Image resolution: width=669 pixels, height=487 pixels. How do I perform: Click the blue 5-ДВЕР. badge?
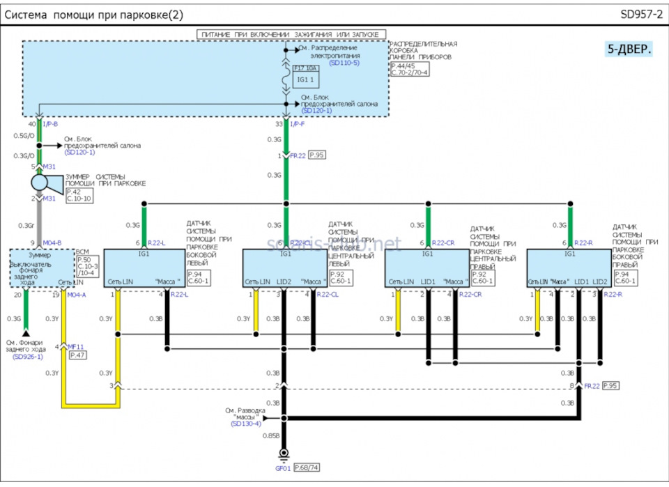(629, 49)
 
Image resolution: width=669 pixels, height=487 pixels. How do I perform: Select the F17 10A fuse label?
(305, 68)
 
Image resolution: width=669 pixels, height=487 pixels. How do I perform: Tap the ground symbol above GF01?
(284, 454)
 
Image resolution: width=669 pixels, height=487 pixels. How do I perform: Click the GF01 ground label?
(284, 467)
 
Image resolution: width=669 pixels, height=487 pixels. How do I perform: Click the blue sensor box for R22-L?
(144, 268)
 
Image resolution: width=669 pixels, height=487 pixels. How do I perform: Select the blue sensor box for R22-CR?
(427, 268)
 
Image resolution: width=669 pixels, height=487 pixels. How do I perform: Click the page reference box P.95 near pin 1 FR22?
(317, 155)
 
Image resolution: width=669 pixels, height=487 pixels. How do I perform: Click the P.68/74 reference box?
(306, 467)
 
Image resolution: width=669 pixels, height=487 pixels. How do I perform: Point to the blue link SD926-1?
(24, 357)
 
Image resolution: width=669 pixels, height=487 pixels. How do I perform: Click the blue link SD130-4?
(246, 424)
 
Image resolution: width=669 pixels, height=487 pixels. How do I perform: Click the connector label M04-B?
(52, 242)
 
